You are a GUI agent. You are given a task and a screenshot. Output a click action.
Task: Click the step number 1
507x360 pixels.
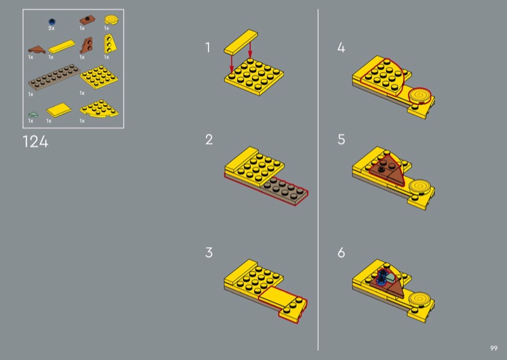click(208, 48)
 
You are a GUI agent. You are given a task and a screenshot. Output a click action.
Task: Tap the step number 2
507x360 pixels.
click(209, 139)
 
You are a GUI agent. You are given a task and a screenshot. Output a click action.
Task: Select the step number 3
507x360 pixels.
click(209, 252)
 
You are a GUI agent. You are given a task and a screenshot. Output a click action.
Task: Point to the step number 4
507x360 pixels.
click(341, 48)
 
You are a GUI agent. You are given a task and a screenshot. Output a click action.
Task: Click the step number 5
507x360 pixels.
click(341, 139)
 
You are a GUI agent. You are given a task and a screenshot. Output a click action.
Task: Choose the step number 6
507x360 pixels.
click(341, 252)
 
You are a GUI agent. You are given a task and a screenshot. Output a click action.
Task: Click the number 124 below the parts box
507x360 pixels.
click(35, 142)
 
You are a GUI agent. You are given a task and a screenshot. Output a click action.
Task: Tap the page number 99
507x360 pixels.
click(494, 348)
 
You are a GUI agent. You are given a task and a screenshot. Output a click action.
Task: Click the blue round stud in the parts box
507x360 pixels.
click(52, 22)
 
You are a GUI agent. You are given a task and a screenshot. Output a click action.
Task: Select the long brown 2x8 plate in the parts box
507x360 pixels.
click(54, 77)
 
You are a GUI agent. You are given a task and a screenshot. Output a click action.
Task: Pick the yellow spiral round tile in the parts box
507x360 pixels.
click(112, 20)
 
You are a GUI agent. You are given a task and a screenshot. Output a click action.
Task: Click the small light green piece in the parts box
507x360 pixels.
click(33, 115)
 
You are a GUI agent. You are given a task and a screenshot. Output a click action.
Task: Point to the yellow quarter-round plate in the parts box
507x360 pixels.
click(99, 108)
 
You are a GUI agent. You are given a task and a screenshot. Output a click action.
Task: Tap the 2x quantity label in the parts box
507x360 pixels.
click(51, 29)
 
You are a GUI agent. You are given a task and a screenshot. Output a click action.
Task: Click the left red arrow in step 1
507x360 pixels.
click(231, 64)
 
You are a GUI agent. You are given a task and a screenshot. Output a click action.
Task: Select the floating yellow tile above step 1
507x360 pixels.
click(241, 42)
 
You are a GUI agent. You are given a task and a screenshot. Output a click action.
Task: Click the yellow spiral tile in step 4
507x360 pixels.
click(420, 95)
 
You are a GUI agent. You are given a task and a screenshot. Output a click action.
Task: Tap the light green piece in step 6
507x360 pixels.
click(390, 278)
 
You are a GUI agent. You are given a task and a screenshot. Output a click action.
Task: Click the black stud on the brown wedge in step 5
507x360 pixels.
click(382, 169)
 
